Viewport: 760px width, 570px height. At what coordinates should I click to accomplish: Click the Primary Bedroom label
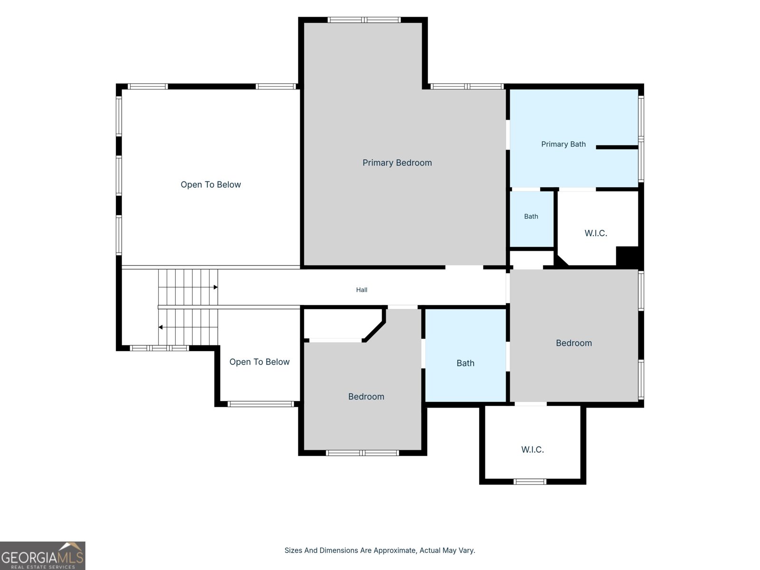click(x=397, y=162)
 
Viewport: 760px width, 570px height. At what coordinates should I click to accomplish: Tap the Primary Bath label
click(x=563, y=144)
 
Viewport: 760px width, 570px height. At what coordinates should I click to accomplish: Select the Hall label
click(x=361, y=290)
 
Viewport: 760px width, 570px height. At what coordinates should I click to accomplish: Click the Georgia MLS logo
click(x=43, y=555)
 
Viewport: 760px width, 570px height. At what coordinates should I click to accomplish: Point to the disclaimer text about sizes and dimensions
click(x=380, y=550)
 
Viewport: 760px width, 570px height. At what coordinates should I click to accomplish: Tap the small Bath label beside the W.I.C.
click(x=531, y=216)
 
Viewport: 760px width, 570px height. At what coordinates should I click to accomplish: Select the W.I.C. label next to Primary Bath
click(x=596, y=233)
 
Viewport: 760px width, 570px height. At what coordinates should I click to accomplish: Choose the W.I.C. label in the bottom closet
click(x=532, y=449)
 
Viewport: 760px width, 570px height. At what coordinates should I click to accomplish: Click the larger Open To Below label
click(x=210, y=184)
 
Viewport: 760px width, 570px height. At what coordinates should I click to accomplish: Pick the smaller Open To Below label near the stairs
click(x=259, y=361)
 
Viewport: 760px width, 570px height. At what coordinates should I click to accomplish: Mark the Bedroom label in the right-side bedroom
click(x=574, y=343)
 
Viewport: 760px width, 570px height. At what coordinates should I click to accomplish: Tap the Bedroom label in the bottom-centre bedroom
click(x=366, y=397)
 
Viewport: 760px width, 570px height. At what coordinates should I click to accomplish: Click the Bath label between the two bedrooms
click(x=465, y=363)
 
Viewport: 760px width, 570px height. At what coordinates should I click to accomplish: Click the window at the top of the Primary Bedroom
click(x=364, y=20)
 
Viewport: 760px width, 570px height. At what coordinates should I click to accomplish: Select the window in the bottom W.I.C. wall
click(x=530, y=481)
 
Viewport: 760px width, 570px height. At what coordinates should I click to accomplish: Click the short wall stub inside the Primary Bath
click(x=617, y=147)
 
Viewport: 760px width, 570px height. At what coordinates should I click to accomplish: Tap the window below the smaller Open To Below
click(x=261, y=404)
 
